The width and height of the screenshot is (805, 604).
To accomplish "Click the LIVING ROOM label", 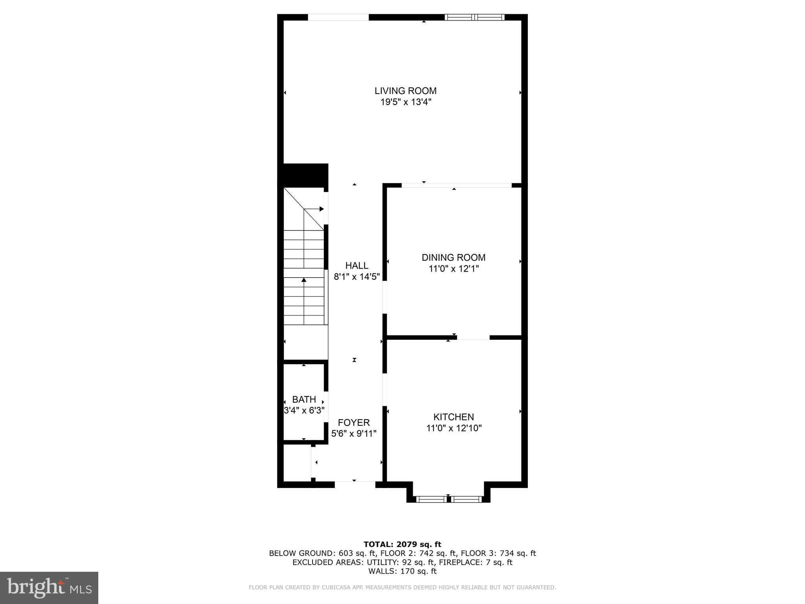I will (405, 91).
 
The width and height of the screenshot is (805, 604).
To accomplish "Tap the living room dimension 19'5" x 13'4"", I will (405, 102).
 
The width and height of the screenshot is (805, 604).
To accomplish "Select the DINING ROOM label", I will (453, 258).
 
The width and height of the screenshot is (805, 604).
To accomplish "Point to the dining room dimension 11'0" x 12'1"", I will (453, 269).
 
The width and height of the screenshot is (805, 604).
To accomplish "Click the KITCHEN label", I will (453, 417).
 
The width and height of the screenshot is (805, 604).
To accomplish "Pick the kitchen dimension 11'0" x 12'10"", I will (454, 428).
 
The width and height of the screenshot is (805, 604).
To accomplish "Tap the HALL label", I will (357, 265).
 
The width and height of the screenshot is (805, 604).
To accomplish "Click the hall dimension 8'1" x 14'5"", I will (357, 277).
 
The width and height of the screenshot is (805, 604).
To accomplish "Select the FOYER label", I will (354, 423).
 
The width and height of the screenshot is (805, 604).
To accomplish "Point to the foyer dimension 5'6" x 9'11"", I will (354, 434).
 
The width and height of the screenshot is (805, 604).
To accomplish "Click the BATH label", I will (304, 400).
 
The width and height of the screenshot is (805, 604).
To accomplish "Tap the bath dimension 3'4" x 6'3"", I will (304, 411).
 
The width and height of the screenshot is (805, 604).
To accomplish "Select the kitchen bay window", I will (448, 499).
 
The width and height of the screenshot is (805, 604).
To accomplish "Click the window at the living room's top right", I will (474, 17).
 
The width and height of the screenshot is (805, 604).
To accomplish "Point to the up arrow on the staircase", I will (303, 280).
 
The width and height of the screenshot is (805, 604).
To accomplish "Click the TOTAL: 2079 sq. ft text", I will (402, 544).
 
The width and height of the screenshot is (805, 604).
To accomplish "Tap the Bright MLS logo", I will (49, 587).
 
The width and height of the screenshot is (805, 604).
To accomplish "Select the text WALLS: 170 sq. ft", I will (402, 571).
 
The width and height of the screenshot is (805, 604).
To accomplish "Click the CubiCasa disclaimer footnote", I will (402, 587).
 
